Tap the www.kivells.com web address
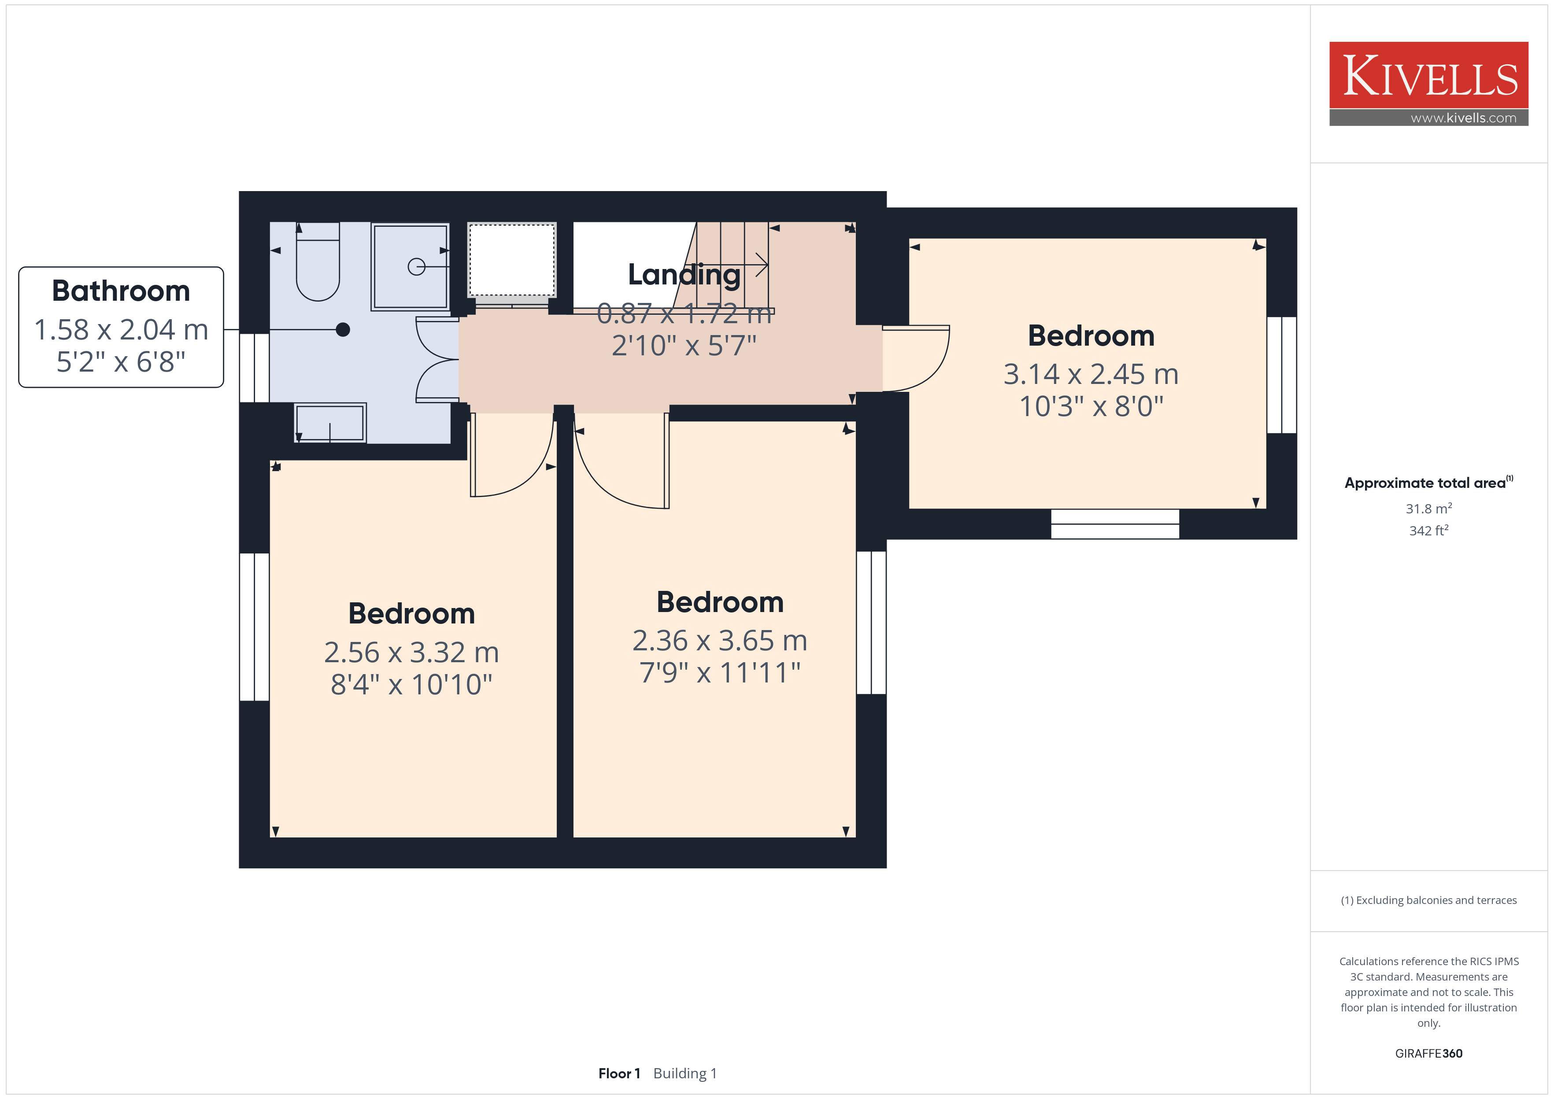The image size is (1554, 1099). pyautogui.click(x=1463, y=118)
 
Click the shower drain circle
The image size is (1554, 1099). pyautogui.click(x=416, y=267)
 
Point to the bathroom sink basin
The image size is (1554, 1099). pyautogui.click(x=330, y=423)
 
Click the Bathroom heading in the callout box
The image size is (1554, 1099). pyautogui.click(x=121, y=291)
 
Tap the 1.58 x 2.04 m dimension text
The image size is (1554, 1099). pyautogui.click(x=121, y=329)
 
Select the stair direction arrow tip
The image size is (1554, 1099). pyautogui.click(x=767, y=265)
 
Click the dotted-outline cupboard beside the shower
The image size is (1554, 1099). pyautogui.click(x=512, y=260)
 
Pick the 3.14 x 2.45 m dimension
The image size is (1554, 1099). pyautogui.click(x=1091, y=374)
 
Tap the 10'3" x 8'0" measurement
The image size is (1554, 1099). pyautogui.click(x=1091, y=407)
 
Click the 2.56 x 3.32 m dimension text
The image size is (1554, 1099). pyautogui.click(x=411, y=653)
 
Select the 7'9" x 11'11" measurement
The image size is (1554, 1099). pyautogui.click(x=720, y=673)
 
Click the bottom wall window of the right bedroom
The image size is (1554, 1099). pyautogui.click(x=1115, y=524)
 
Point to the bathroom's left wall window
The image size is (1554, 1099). pyautogui.click(x=255, y=368)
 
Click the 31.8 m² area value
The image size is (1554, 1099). pyautogui.click(x=1429, y=508)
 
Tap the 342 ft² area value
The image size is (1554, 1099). pyautogui.click(x=1429, y=531)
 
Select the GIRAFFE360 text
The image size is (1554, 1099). pyautogui.click(x=1429, y=1054)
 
